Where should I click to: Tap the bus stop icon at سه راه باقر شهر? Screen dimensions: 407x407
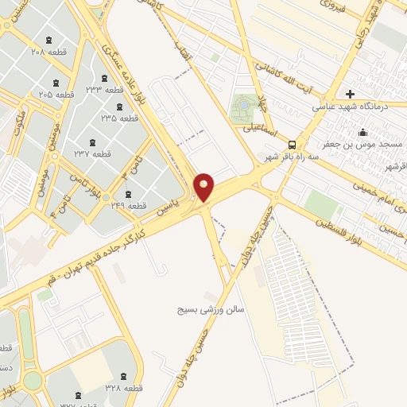coord(293,145)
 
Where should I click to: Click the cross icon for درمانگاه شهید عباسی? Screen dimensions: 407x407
coord(350,95)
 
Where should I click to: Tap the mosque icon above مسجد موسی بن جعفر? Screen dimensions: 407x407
coord(363,133)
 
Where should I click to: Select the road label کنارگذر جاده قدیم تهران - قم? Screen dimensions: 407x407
coord(103,254)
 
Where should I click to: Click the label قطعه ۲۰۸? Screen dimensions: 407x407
coord(50,51)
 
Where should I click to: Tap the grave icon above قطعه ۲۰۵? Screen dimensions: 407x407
coord(55,83)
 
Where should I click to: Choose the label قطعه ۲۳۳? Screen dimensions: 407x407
coord(103,88)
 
